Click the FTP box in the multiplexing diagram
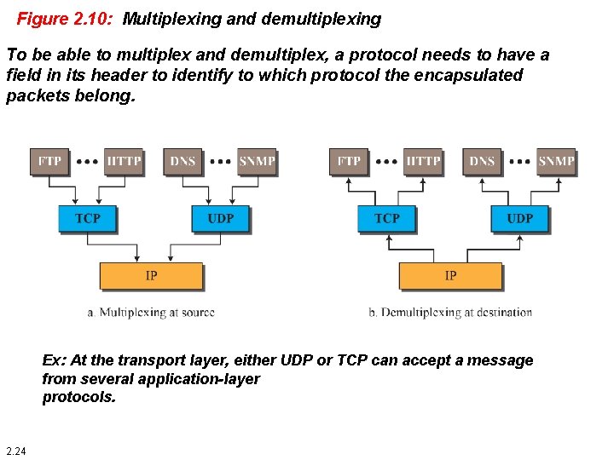49,161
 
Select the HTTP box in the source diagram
125,161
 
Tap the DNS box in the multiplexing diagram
182,161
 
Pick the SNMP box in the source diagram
257,161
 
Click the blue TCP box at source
87,219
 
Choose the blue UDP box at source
220,219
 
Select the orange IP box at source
151,276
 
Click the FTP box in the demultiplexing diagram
348,161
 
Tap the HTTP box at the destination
424,161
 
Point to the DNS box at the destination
482,161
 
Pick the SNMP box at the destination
556,161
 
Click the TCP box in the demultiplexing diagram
386,219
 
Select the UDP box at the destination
519,219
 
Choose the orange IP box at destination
450,276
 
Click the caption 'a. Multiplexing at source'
151,313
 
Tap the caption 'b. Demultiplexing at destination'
450,313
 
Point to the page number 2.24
15,451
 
